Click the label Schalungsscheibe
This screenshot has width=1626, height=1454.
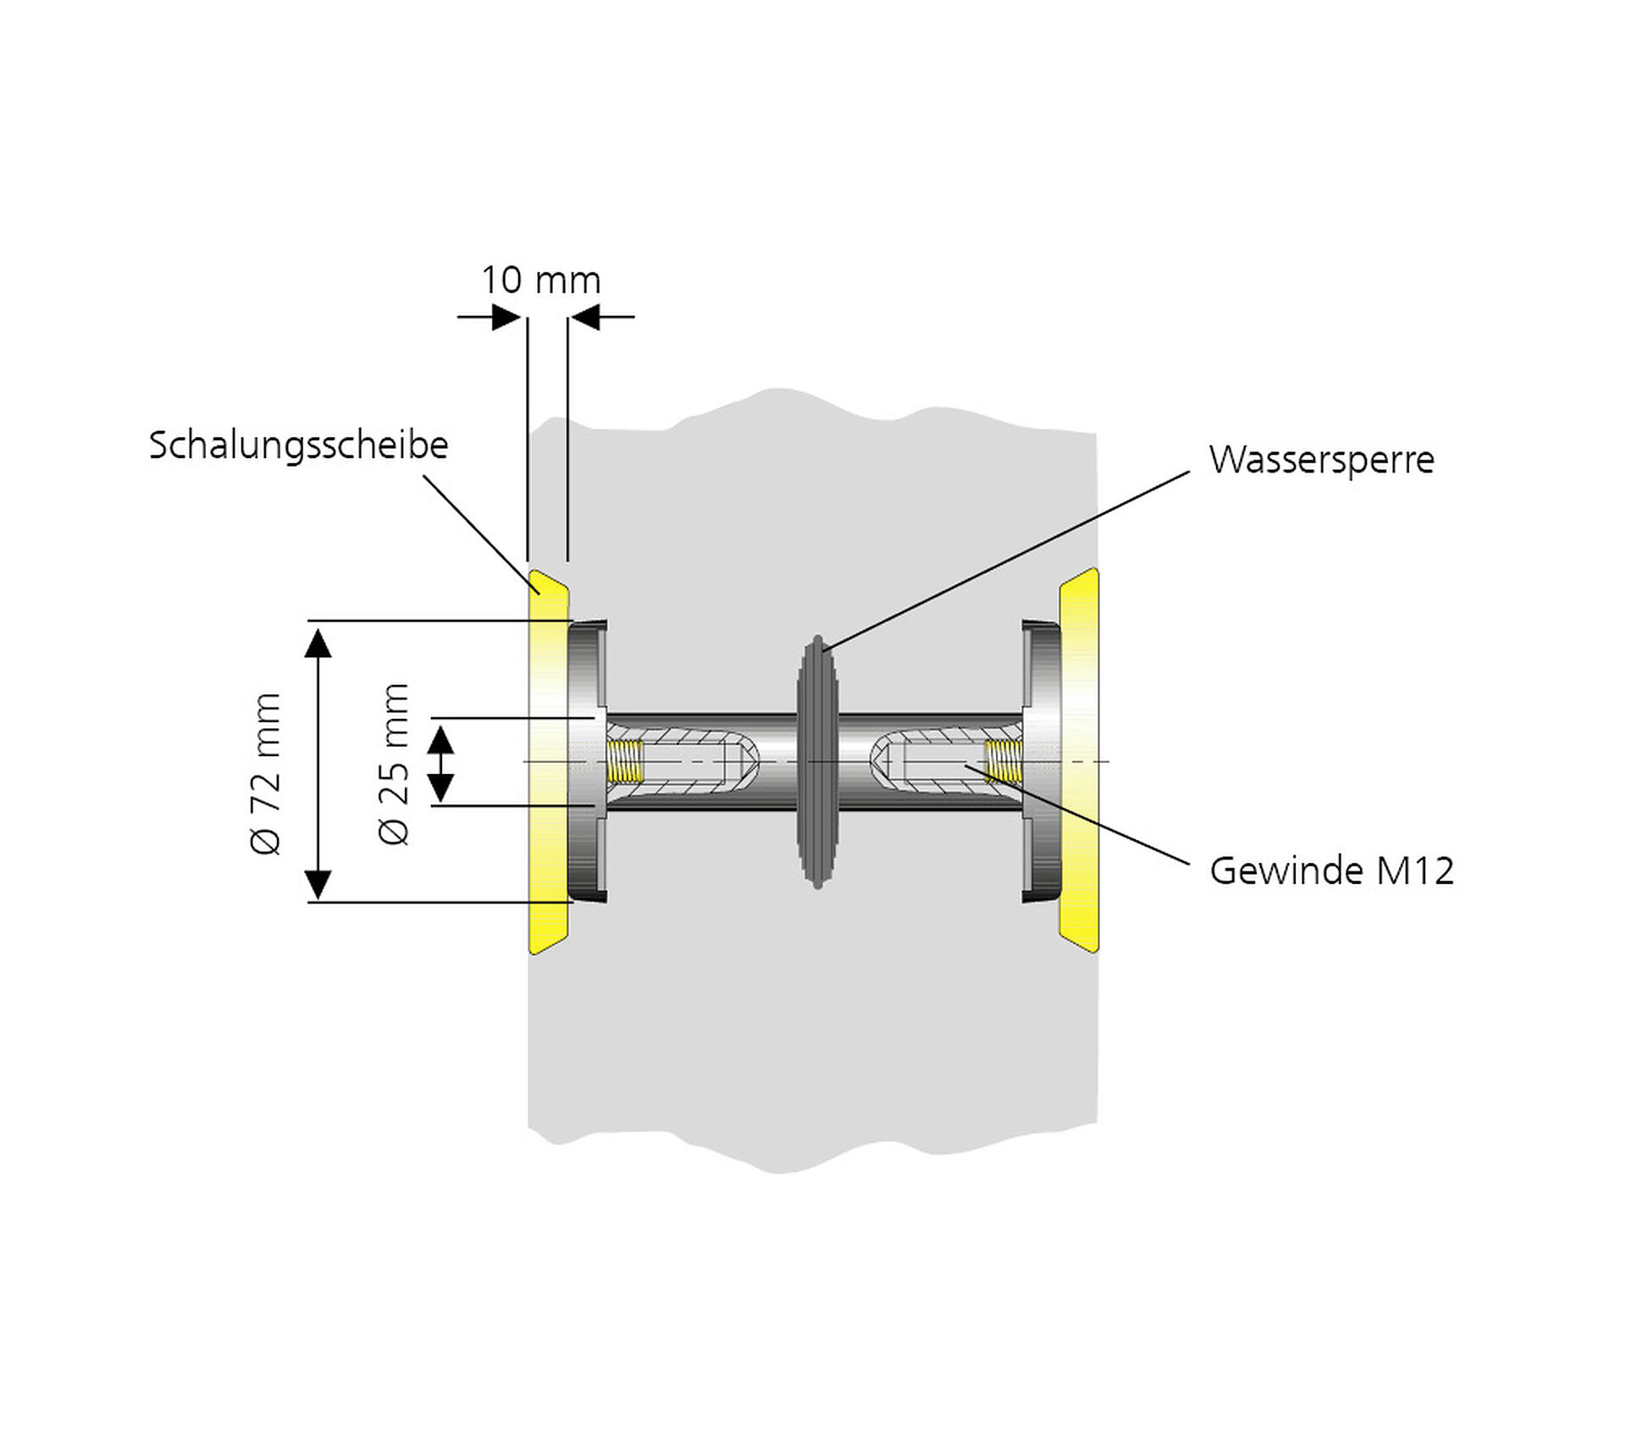coord(298,445)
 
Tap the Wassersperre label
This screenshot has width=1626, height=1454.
coord(1321,460)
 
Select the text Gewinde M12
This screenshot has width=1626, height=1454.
coord(1331,871)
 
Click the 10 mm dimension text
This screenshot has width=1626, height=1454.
coord(540,280)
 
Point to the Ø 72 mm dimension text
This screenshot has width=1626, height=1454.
coord(266,772)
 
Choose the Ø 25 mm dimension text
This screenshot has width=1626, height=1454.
coord(394,763)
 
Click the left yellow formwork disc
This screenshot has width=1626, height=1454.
coord(548,762)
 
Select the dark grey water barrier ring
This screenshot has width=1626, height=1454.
coord(817,762)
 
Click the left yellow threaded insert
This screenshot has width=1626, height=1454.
coord(626,760)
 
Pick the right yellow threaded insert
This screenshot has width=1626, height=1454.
coord(1004,760)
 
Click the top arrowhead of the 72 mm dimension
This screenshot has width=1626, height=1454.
coord(318,643)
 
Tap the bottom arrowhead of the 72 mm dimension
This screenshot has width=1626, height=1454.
coord(318,884)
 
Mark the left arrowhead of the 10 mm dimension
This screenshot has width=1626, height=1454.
coord(506,318)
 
